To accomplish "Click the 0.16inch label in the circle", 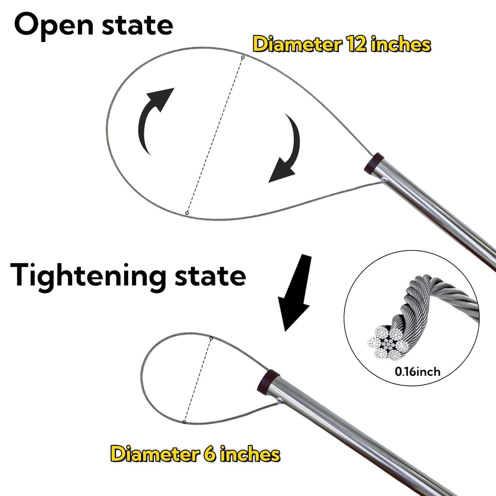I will (417, 372).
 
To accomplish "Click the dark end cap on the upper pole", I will (372, 162).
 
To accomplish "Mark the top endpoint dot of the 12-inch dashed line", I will (243, 58).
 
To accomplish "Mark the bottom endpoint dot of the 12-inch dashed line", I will (187, 213).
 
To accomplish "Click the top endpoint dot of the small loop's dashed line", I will (211, 338).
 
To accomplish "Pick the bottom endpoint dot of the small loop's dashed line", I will (184, 422).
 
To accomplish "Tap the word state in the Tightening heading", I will (210, 276).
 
